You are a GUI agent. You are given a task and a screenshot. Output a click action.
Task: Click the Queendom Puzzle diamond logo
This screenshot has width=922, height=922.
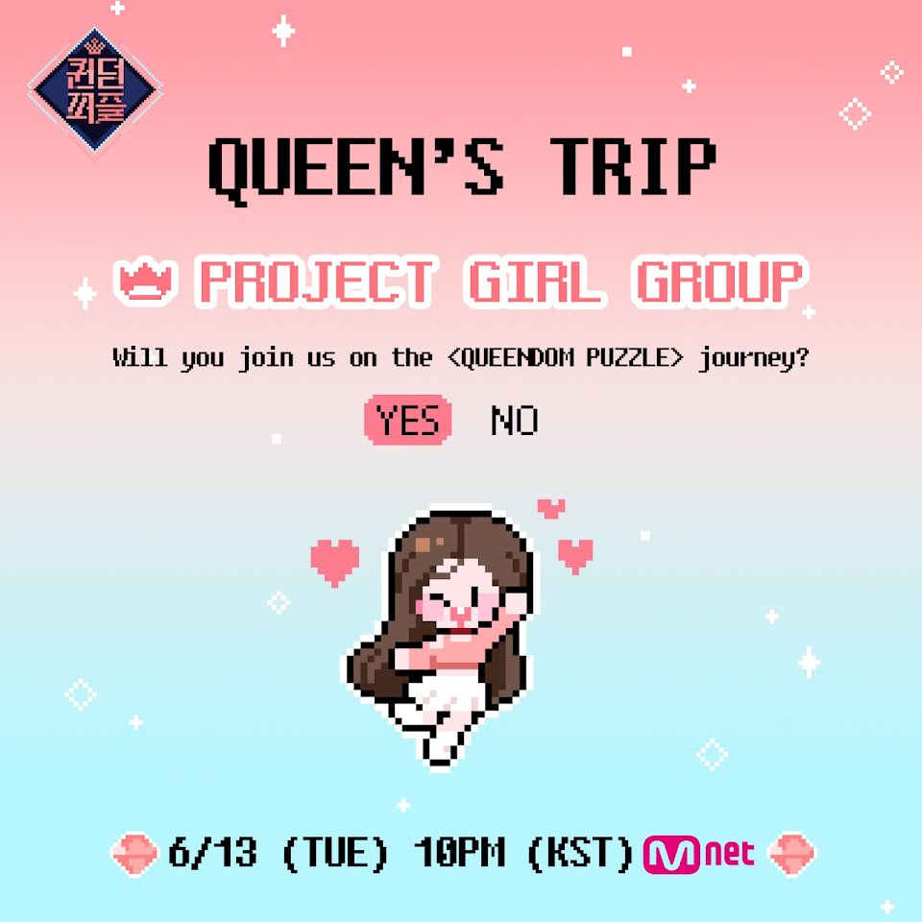click(x=95, y=90)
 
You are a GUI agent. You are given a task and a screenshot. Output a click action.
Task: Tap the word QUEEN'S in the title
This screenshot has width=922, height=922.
click(x=356, y=169)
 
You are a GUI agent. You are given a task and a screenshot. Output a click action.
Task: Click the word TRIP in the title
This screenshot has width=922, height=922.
click(x=633, y=166)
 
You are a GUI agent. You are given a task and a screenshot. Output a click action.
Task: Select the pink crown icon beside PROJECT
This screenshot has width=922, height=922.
click(x=145, y=281)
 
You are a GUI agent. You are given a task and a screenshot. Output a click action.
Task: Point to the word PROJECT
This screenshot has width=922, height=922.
click(x=317, y=281)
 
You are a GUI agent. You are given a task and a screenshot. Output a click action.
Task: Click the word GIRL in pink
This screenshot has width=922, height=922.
click(x=534, y=281)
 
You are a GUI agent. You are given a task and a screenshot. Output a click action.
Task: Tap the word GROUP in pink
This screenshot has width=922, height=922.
click(x=719, y=281)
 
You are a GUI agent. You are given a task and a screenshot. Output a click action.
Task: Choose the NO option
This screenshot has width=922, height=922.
click(x=515, y=421)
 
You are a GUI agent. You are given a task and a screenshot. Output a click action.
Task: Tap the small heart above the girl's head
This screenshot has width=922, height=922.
click(x=551, y=508)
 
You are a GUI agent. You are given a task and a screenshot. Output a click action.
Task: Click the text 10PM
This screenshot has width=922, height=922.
click(x=459, y=852)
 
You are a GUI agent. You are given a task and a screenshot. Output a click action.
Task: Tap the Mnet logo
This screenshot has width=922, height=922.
click(x=698, y=854)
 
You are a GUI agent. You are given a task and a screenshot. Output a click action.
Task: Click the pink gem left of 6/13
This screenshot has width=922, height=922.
click(x=134, y=854)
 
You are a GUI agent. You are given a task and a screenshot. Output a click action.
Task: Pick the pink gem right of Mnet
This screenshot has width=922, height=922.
click(x=792, y=854)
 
